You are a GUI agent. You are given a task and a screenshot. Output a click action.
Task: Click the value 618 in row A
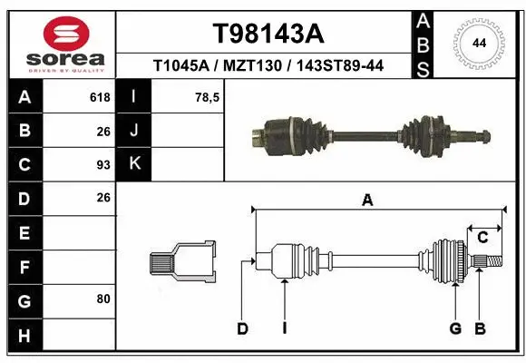100,97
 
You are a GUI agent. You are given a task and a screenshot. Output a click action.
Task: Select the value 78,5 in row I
208,97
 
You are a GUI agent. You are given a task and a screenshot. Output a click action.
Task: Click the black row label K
134,164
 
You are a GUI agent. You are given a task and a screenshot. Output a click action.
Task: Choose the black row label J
134,131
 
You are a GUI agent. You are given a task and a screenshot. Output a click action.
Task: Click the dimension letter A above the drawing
367,201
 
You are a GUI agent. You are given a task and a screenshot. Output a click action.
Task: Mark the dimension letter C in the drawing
482,238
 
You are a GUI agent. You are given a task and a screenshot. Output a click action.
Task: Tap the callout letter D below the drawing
242,329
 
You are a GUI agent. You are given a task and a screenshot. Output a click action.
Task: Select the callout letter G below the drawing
455,329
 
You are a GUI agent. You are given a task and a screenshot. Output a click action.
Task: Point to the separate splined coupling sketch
182,262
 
